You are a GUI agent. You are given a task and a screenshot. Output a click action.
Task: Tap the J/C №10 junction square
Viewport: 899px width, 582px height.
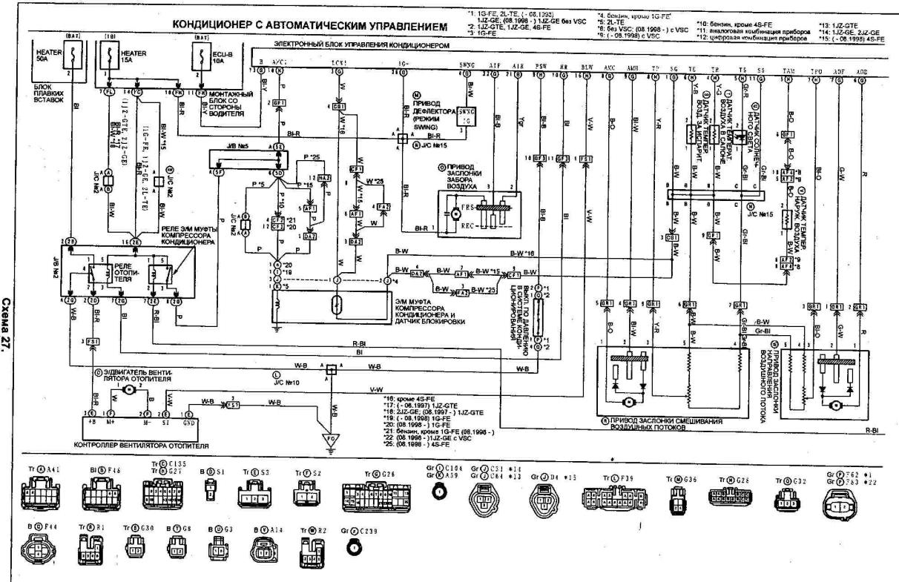[x=330, y=367]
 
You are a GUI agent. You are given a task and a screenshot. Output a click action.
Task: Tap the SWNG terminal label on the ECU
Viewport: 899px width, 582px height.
[x=467, y=67]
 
